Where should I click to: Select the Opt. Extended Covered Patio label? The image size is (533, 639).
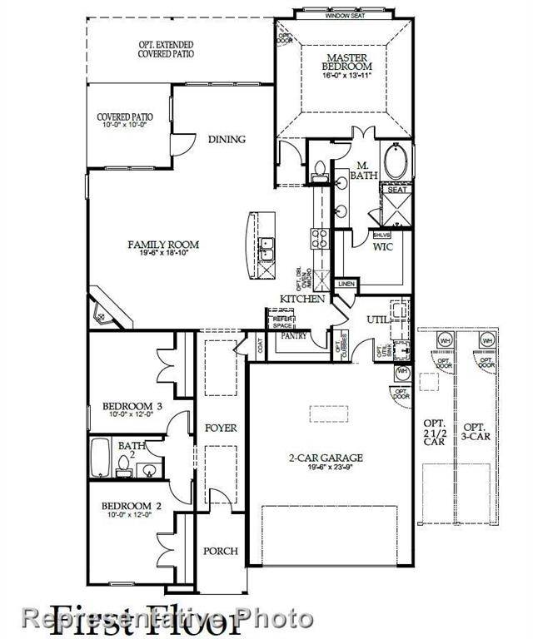pos(167,48)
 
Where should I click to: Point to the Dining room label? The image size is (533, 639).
pos(227,140)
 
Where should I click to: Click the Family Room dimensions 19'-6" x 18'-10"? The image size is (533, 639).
pos(163,255)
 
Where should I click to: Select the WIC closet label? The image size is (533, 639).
pos(383,247)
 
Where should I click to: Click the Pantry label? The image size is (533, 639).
pos(293,335)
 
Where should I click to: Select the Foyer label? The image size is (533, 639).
pos(221,428)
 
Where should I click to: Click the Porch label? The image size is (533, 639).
pos(221,551)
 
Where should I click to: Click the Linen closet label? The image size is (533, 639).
pos(346,285)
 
